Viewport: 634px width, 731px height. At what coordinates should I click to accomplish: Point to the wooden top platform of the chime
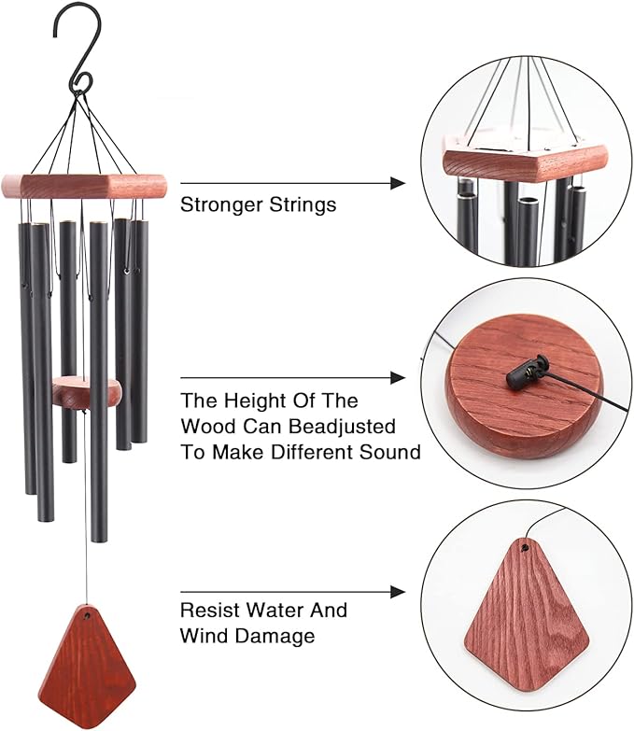click(x=84, y=184)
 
